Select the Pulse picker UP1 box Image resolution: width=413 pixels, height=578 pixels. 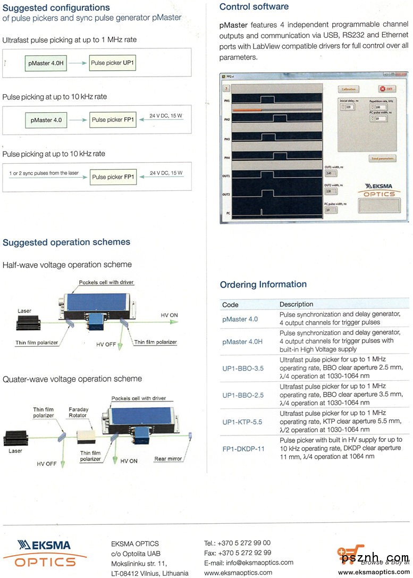[x=112, y=63]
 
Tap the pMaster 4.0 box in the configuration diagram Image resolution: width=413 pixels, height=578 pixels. [x=46, y=120]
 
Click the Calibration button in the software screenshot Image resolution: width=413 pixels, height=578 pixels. [x=349, y=89]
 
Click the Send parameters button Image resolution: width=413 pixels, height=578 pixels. [x=382, y=158]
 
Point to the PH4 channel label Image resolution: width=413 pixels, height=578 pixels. [x=226, y=157]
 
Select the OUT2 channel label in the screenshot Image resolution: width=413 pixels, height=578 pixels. [x=226, y=195]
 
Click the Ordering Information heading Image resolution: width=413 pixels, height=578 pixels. [x=263, y=284]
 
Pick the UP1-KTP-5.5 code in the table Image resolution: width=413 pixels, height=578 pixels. [x=242, y=422]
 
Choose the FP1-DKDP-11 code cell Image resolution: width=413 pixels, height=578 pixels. [x=243, y=448]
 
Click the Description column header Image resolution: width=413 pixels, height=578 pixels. [x=296, y=305]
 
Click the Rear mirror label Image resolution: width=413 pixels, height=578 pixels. [x=167, y=459]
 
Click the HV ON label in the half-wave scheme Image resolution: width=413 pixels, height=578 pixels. [x=169, y=315]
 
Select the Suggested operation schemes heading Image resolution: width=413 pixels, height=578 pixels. [x=66, y=242]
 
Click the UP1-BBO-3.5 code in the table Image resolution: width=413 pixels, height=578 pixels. [x=242, y=368]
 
